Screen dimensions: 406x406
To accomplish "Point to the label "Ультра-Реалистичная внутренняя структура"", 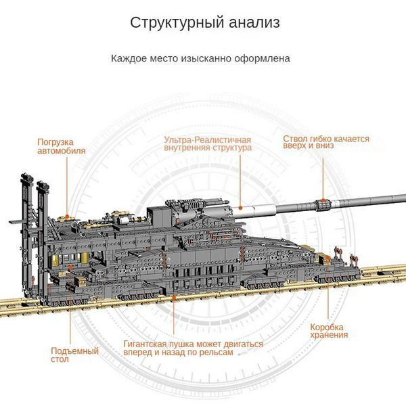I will pos(208,143).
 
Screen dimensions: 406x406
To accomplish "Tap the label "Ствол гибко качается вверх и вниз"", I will pos(326,142).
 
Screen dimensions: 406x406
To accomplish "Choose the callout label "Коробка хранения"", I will pos(330,330).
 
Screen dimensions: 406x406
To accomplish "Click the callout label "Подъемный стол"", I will pos(74,355).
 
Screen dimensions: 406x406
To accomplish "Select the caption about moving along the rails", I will pos(193,348).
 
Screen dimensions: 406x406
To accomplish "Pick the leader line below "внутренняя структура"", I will pos(239,179).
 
